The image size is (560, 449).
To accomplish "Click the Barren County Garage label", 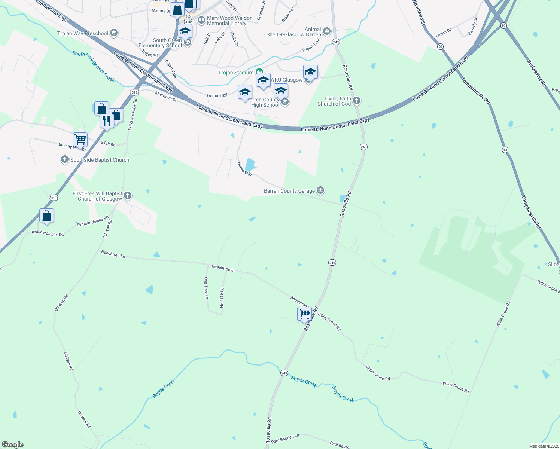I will [x=289, y=191].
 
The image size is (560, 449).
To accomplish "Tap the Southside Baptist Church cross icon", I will [x=65, y=160].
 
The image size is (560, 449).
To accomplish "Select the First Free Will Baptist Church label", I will [x=97, y=196].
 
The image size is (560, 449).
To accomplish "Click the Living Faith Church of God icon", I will [x=357, y=100].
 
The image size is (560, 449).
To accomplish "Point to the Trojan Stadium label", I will [x=236, y=73].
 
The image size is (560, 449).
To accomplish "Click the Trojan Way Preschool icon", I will [x=114, y=33].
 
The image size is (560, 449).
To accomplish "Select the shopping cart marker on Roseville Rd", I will [x=304, y=314].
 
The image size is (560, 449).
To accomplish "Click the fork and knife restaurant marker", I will [x=107, y=121].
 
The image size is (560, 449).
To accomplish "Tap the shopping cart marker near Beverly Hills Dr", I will [x=80, y=140].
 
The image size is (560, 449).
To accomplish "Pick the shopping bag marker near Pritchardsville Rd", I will [x=46, y=216].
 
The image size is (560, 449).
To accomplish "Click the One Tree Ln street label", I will [x=206, y=288].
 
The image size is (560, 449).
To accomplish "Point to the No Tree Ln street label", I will [x=222, y=298].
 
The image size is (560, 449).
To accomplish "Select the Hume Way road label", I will [x=245, y=169].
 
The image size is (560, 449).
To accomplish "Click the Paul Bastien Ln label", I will [x=285, y=439].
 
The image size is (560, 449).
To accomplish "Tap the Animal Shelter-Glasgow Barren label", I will [x=294, y=32].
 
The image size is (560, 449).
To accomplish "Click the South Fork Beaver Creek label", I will [x=94, y=67].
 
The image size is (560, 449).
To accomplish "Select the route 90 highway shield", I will [x=503, y=25].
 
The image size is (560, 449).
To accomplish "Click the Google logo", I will [x=13, y=445].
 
